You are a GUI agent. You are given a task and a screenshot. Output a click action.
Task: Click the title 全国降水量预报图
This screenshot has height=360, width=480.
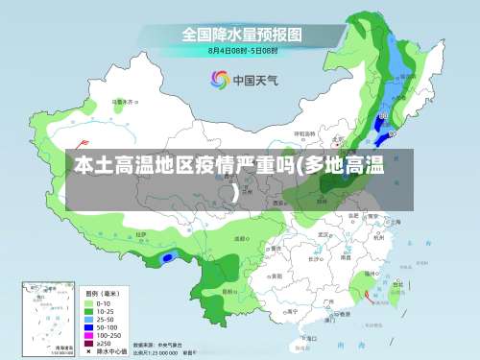tap(242, 34)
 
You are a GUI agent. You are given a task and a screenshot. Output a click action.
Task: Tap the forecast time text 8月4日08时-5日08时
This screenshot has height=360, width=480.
tap(243, 50)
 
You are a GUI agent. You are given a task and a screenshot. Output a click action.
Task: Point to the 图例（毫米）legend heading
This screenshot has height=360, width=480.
tap(104, 294)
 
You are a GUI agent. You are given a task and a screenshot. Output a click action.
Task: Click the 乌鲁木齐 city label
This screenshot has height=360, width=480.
tap(123, 101)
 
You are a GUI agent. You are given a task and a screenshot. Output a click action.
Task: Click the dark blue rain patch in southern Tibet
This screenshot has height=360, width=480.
tap(169, 257)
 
